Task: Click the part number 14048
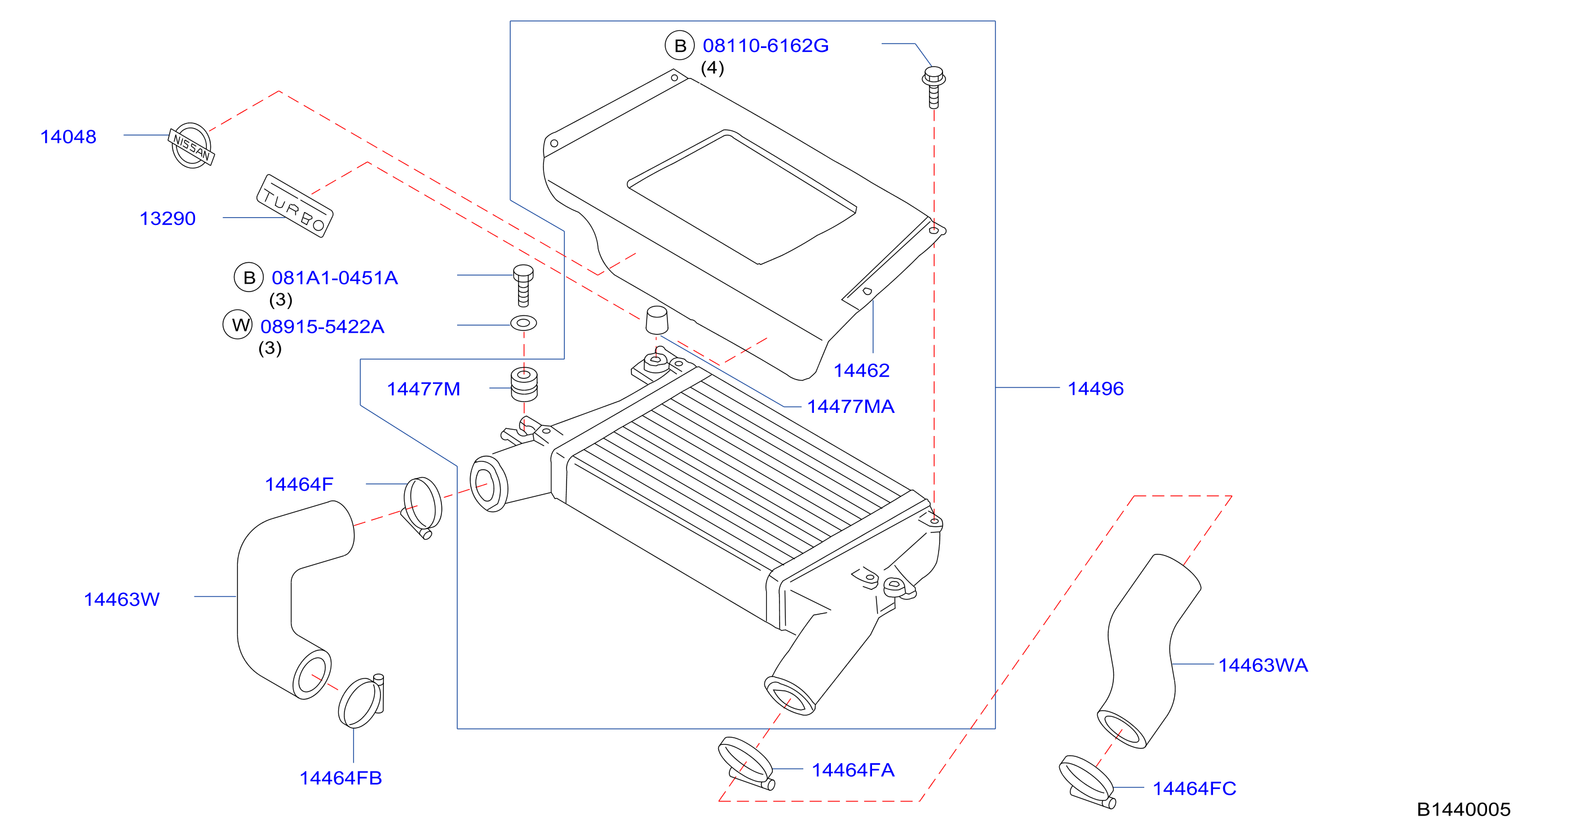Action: pyautogui.click(x=68, y=136)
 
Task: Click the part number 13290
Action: pyautogui.click(x=168, y=218)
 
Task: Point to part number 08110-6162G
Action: pyautogui.click(x=765, y=46)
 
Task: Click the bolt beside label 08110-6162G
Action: pyautogui.click(x=933, y=88)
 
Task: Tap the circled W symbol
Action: pyautogui.click(x=238, y=324)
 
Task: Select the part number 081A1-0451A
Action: pyautogui.click(x=335, y=278)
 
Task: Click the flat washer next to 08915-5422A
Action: pyautogui.click(x=523, y=323)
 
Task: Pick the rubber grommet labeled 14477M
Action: pyautogui.click(x=524, y=384)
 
